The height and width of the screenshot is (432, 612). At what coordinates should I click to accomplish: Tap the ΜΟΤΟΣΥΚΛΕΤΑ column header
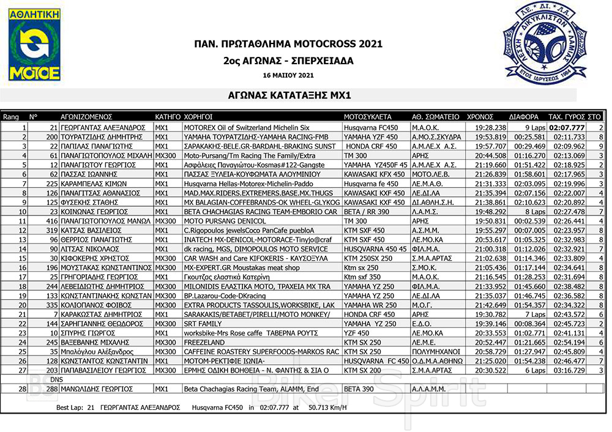pos(367,116)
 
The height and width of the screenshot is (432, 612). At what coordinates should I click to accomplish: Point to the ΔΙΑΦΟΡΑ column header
pos(524,116)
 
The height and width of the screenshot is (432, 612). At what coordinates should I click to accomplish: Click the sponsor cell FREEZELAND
pos(204,343)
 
